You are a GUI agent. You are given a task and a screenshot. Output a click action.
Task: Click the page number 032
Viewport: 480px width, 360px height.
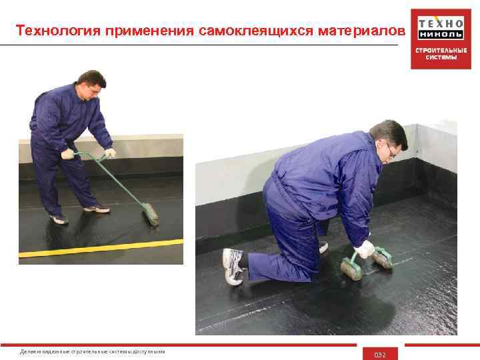[x=380, y=354]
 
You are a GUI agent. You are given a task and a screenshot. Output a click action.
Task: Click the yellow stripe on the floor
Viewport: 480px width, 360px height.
[x=100, y=248]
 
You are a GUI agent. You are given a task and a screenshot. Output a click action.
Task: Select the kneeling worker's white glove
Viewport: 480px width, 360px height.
[x=365, y=249]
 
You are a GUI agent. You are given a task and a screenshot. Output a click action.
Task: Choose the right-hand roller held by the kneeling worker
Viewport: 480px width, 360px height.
[x=381, y=257]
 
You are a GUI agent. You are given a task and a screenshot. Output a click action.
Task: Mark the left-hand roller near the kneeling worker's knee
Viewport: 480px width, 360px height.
[x=350, y=267]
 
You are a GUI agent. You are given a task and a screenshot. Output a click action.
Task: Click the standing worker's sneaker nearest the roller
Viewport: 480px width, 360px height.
[x=97, y=209]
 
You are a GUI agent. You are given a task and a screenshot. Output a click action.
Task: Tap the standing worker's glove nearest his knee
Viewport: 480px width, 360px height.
[x=67, y=154]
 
